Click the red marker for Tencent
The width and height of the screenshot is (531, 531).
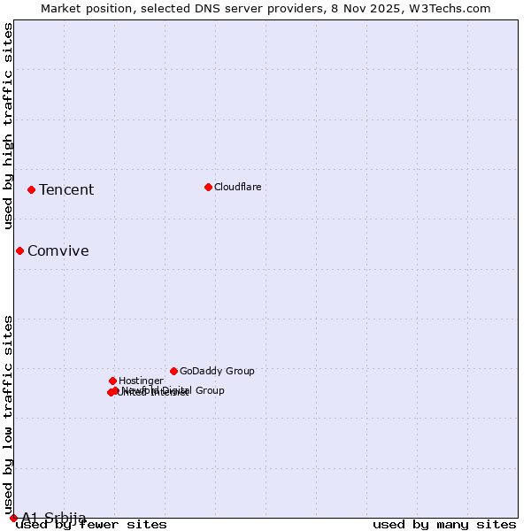[x=31, y=189]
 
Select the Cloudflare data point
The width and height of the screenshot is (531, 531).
[x=208, y=187]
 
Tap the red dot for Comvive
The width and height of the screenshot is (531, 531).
[x=19, y=250]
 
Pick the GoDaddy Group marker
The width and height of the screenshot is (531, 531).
[x=173, y=371]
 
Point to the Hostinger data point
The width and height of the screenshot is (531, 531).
[x=112, y=381]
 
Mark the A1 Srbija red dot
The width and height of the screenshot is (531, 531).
[x=13, y=518]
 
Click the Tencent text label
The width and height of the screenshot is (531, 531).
[x=66, y=189]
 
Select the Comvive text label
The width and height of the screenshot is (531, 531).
[x=58, y=250]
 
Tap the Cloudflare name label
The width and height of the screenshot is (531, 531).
[x=238, y=187]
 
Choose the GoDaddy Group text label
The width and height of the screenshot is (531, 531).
[x=217, y=371]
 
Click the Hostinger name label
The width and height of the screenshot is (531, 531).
[x=142, y=381]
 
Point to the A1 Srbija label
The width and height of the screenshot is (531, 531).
[x=54, y=518]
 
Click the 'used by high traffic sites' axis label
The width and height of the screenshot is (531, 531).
[x=9, y=126]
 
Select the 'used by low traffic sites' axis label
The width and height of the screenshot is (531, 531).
[x=9, y=414]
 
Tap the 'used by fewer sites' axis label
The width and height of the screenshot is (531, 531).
[x=91, y=525]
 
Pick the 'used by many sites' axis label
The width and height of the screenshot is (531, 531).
[x=444, y=525]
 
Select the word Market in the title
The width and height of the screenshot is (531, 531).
[x=64, y=9]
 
